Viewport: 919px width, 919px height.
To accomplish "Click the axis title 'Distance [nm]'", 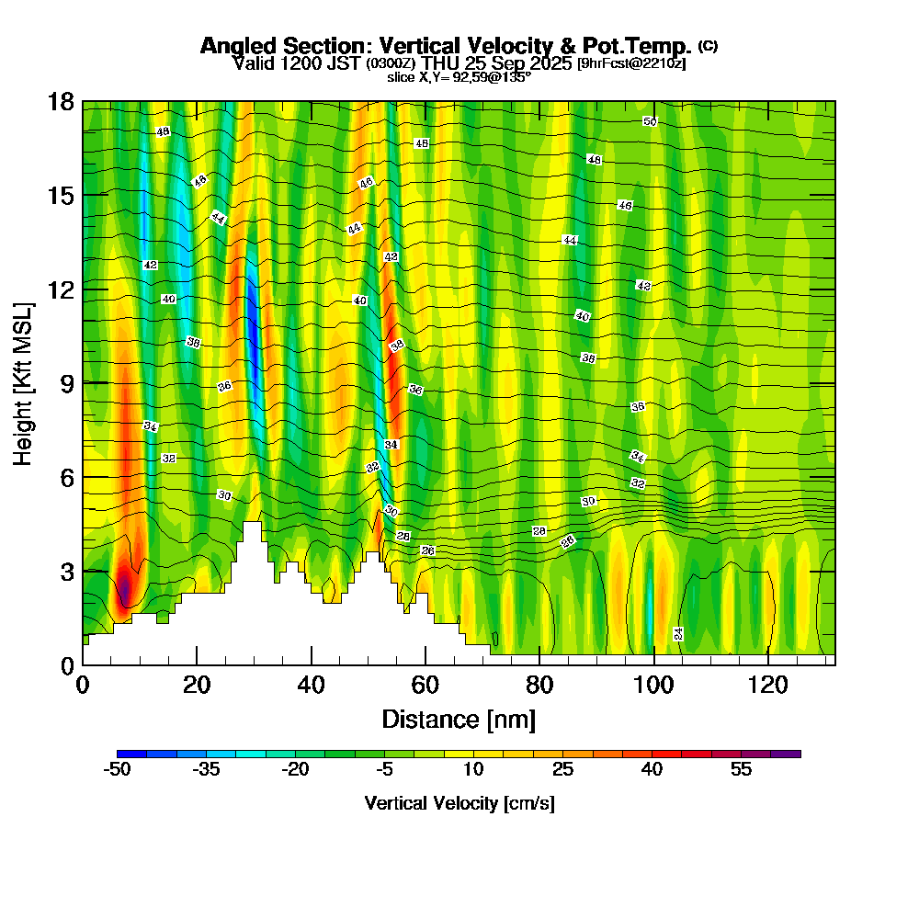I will click(x=459, y=719).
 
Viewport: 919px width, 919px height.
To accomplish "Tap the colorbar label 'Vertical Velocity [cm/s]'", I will click(x=459, y=803).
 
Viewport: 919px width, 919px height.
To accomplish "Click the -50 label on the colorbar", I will click(x=117, y=770).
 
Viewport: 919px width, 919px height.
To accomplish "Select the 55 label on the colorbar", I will click(x=742, y=770).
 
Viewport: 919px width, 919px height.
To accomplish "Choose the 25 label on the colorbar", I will click(x=563, y=770).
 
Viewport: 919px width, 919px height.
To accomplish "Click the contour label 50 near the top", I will click(x=650, y=121).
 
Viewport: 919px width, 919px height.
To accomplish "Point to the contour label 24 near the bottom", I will click(x=678, y=633).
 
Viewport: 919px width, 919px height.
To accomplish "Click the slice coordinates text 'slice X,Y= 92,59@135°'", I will click(x=459, y=77).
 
